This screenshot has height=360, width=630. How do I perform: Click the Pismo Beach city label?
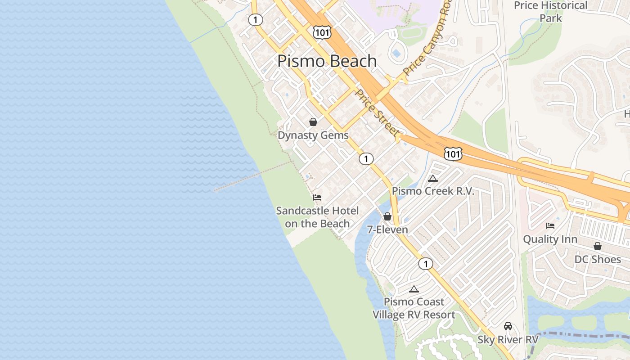tap(327, 61)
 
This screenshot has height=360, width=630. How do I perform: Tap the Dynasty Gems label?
tap(313, 135)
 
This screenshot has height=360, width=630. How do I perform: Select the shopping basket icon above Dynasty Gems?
tap(313, 122)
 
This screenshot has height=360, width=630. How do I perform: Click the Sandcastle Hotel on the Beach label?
tap(317, 217)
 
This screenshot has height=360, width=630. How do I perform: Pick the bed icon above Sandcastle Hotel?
tap(317, 197)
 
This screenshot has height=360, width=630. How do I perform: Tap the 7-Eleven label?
tap(387, 229)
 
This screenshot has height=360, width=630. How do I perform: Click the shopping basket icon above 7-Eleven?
tap(387, 216)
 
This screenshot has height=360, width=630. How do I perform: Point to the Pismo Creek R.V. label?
tap(433, 191)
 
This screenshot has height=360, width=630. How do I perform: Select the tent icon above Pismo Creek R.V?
tap(433, 178)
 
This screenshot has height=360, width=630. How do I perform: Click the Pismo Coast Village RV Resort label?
tap(414, 308)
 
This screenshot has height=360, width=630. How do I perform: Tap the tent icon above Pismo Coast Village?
tap(414, 289)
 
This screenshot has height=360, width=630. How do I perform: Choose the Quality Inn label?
tap(550, 239)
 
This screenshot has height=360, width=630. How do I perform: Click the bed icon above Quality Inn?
tap(550, 225)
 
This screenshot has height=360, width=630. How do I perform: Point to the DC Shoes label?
tap(598, 259)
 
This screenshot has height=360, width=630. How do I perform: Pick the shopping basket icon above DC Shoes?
tap(598, 246)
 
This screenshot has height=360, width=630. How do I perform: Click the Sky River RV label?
tap(508, 339)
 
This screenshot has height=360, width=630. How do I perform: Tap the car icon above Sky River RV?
tap(508, 326)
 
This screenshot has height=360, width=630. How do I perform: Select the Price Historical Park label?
tap(551, 12)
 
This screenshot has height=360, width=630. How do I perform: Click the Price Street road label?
tap(377, 112)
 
